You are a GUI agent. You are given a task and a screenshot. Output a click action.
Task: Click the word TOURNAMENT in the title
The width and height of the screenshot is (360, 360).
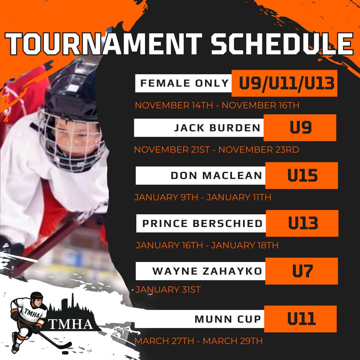(104, 44)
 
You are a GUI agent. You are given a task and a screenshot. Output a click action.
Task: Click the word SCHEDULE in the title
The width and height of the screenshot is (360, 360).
(282, 44)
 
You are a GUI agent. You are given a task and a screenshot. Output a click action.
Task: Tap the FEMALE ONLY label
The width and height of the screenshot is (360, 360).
(184, 83)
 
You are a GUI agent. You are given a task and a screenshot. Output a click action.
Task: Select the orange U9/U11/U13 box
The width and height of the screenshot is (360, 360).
(284, 83)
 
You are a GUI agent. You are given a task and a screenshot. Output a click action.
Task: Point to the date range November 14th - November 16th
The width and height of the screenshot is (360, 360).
(217, 105)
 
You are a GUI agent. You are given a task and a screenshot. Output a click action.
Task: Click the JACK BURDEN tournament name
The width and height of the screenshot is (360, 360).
(217, 128)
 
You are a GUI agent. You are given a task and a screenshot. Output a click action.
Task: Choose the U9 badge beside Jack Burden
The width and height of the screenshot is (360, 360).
(300, 128)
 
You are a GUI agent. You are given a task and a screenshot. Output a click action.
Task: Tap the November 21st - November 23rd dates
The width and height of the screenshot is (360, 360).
(217, 150)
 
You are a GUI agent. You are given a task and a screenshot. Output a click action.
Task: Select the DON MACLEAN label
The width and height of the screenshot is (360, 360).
(216, 176)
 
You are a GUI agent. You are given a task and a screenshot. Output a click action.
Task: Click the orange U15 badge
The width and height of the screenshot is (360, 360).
(302, 176)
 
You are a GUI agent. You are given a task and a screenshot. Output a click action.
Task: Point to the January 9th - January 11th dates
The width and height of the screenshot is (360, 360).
(203, 197)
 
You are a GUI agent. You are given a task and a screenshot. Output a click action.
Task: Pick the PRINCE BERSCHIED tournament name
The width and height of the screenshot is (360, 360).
(202, 223)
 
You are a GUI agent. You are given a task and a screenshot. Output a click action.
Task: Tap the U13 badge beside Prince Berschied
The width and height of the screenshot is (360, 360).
(302, 223)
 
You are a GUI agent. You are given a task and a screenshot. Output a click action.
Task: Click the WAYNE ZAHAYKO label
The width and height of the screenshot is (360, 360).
(207, 271)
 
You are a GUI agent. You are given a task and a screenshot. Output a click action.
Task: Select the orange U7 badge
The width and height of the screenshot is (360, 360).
(302, 271)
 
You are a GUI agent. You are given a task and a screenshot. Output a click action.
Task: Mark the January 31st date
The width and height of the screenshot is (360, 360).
(168, 290)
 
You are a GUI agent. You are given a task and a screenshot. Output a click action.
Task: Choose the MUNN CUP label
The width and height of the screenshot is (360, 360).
(228, 319)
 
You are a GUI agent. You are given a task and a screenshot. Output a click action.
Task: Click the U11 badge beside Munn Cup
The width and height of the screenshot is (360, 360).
(301, 319)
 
